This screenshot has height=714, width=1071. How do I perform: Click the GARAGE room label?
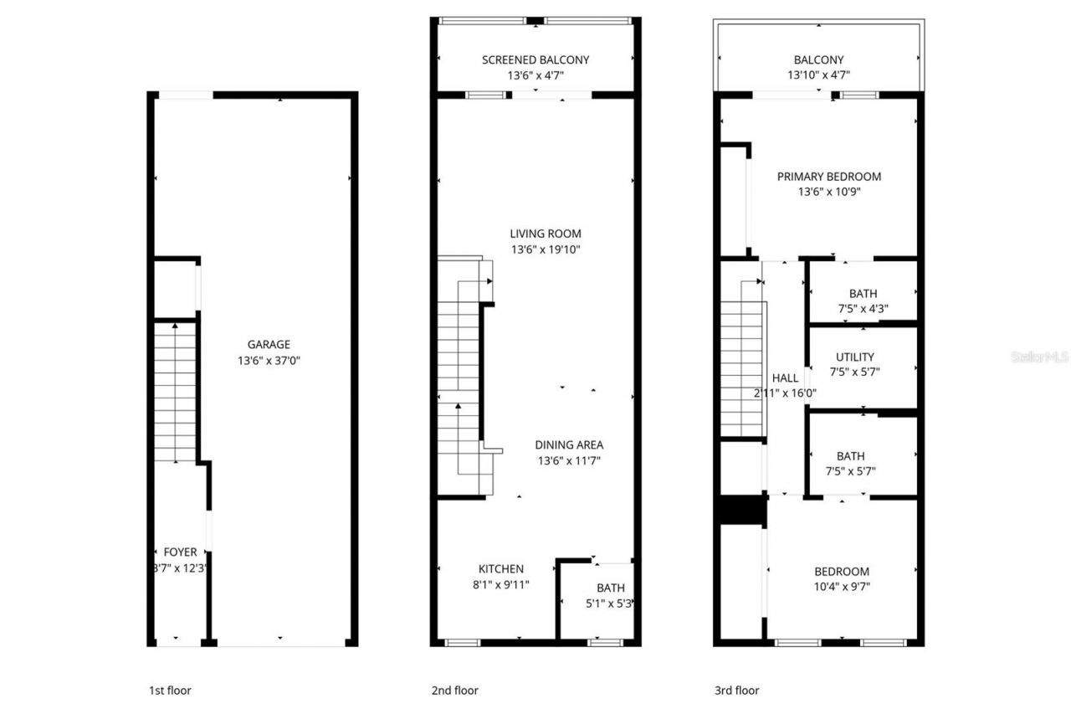pyautogui.click(x=269, y=344)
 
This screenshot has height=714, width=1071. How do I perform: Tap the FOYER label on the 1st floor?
pyautogui.click(x=180, y=552)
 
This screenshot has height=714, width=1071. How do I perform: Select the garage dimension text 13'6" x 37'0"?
pyautogui.click(x=269, y=361)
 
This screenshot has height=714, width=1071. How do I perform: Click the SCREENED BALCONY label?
pyautogui.click(x=535, y=59)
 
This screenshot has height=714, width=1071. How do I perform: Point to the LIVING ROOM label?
pyautogui.click(x=546, y=234)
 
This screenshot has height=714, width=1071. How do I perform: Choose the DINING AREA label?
pyautogui.click(x=569, y=444)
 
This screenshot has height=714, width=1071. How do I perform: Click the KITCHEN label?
pyautogui.click(x=501, y=568)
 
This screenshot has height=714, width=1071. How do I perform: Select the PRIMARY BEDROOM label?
pyautogui.click(x=828, y=177)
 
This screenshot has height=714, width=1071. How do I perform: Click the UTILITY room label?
pyautogui.click(x=854, y=357)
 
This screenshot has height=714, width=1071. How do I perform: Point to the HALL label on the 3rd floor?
pyautogui.click(x=785, y=378)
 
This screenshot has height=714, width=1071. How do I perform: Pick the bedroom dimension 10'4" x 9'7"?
pyautogui.click(x=842, y=587)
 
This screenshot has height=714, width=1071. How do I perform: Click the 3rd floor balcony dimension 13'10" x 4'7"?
pyautogui.click(x=818, y=75)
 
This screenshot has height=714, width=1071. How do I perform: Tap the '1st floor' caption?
pyautogui.click(x=170, y=691)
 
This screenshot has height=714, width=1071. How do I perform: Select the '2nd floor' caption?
pyautogui.click(x=454, y=691)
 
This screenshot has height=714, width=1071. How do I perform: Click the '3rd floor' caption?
pyautogui.click(x=736, y=691)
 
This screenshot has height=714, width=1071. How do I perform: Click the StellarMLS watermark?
pyautogui.click(x=1040, y=357)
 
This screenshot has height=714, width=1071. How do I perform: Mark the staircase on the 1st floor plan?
pyautogui.click(x=175, y=392)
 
